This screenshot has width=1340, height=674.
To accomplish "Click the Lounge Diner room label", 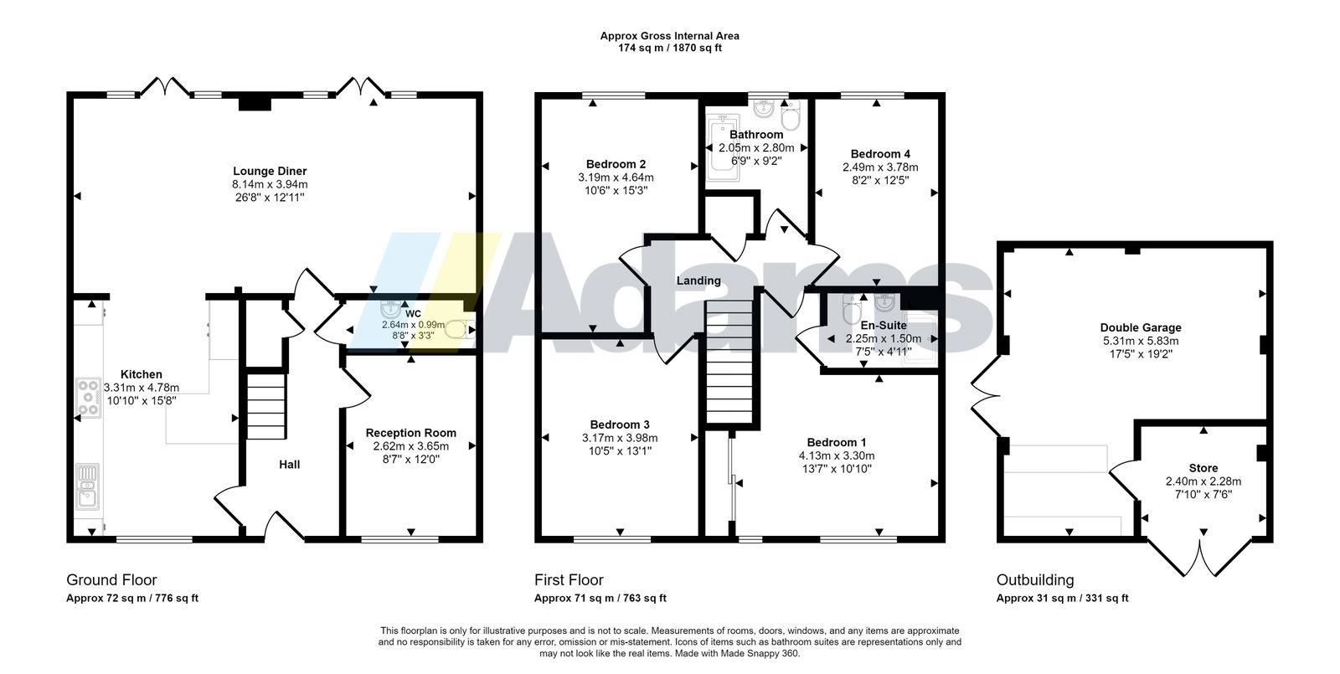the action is [270, 171].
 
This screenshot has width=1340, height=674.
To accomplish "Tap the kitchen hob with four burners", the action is [89, 398].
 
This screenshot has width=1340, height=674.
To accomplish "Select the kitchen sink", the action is [87, 486].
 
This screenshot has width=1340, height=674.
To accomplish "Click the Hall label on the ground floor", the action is [290, 465].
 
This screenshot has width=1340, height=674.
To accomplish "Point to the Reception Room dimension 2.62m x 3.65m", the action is [411, 446].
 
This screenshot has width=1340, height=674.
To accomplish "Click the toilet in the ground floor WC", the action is [461, 330].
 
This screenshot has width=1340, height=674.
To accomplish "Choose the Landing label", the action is [698, 280].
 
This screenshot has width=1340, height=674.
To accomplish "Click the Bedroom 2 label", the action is [616, 164].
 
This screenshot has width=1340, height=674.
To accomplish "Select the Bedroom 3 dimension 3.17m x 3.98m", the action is [620, 438].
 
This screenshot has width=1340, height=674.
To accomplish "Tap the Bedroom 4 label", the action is [880, 154].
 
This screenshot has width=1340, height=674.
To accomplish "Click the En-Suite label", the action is [884, 326].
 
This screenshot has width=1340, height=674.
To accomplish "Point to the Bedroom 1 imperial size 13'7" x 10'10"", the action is [837, 469].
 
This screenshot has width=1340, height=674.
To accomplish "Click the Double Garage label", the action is [1141, 327].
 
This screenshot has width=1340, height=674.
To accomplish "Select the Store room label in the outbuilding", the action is [1203, 468].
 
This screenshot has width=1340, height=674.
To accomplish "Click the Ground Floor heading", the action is [112, 580].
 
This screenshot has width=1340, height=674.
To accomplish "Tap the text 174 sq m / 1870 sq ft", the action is [670, 48].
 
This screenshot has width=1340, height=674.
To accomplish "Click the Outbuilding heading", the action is [1035, 580].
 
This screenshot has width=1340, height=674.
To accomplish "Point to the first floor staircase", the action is [729, 362].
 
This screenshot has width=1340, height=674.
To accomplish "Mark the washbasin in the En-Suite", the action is [884, 302].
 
